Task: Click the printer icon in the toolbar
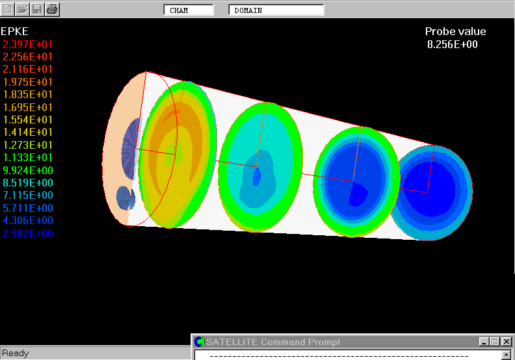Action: coord(52,9)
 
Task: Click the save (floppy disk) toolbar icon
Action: coord(37,9)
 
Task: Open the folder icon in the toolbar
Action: coord(22,9)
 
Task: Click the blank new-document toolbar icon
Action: coord(8,9)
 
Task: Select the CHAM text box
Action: coord(189,10)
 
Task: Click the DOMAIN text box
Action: coord(276,10)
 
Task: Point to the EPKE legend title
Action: coord(14,31)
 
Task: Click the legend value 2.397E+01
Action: coord(27,44)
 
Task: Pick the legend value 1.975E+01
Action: coord(27,82)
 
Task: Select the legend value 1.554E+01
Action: coord(27,120)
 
